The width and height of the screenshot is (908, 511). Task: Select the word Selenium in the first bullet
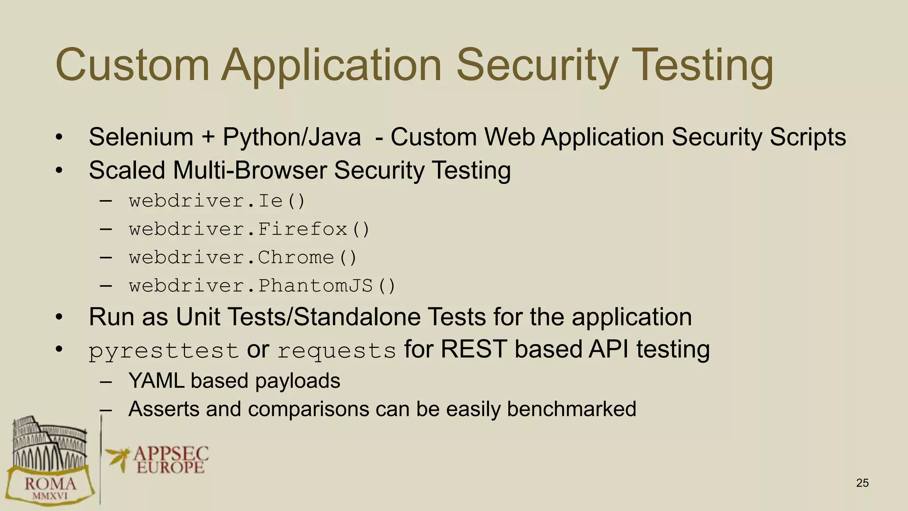(x=141, y=137)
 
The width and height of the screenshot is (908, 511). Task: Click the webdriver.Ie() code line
(x=217, y=201)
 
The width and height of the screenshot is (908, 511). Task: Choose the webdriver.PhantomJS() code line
(x=262, y=286)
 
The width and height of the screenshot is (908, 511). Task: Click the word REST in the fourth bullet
(x=474, y=349)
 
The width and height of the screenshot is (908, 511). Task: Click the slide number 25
(x=862, y=483)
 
